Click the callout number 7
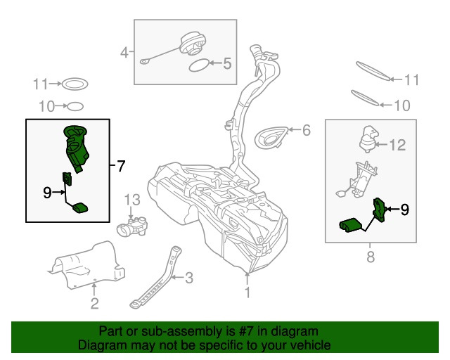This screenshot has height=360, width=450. tap(121, 166)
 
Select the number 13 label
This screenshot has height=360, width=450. tap(132, 200)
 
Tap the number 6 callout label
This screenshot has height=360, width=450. tap(307, 130)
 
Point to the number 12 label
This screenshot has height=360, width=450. tap(397, 145)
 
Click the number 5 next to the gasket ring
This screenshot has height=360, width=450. tap(227, 63)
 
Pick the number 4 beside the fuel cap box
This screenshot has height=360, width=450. tap(124, 53)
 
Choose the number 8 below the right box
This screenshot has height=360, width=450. tap(371, 257)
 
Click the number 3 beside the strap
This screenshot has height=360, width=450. tap(189, 278)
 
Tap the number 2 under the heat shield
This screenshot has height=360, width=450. tap(95, 304)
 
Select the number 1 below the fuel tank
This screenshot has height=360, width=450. tap(247, 292)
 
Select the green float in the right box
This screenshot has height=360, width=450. tap(349, 226)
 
